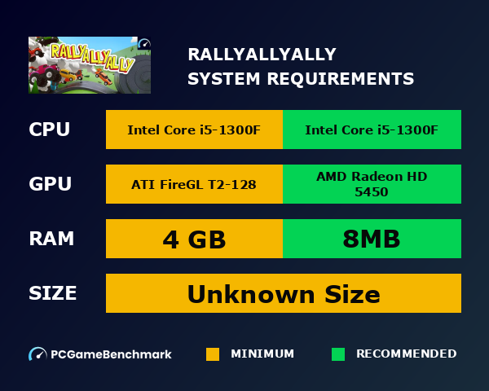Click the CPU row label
click(x=49, y=130)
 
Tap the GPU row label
click(x=49, y=184)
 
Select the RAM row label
click(x=51, y=239)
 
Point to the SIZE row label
click(x=53, y=293)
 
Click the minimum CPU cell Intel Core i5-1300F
click(x=194, y=130)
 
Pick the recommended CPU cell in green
click(x=372, y=130)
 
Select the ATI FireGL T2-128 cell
click(x=194, y=184)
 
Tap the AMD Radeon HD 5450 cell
click(x=372, y=184)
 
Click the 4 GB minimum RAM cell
click(x=194, y=239)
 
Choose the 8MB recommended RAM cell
click(x=372, y=239)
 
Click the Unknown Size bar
click(x=284, y=293)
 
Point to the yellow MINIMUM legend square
click(x=213, y=354)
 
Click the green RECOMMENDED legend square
click(x=338, y=354)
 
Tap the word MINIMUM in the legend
click(x=262, y=354)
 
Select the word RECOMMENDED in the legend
click(x=406, y=354)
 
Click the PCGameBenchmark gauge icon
click(x=37, y=354)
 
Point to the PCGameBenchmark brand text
click(x=111, y=354)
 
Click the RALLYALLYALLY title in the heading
click(x=262, y=55)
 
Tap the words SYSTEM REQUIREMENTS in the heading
click(x=301, y=79)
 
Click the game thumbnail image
click(x=90, y=65)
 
